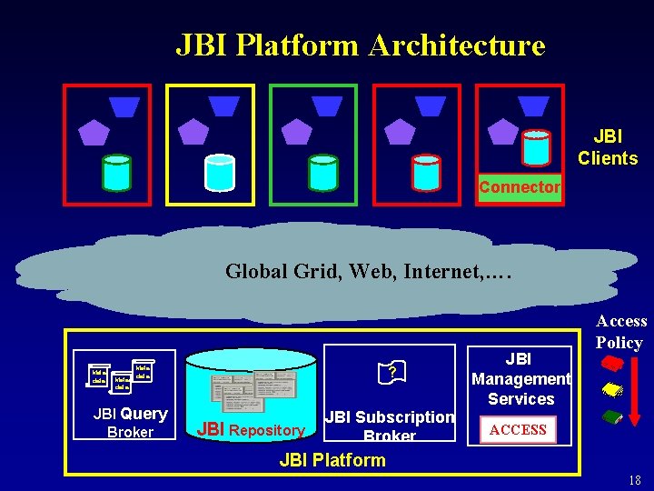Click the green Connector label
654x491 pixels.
point(520,187)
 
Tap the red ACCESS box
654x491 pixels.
point(519,429)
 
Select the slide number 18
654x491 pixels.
point(634,480)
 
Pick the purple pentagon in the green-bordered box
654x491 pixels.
point(295,133)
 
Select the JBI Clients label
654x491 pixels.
point(608,147)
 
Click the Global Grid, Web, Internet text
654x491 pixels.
point(369,270)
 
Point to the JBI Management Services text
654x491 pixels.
point(520,378)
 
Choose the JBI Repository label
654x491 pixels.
point(251,430)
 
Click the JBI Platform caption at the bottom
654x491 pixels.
point(332,460)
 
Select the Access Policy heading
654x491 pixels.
point(621,332)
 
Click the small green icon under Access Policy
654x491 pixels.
point(612,417)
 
